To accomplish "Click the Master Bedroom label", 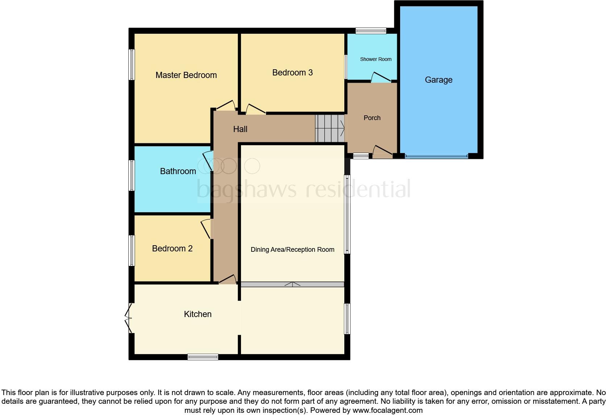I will click(x=186, y=75).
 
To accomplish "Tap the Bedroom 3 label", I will click(x=292, y=73).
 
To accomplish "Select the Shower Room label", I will click(x=375, y=59).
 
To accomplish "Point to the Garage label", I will click(x=439, y=80).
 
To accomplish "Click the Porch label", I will click(x=372, y=118).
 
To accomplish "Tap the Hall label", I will click(x=240, y=129).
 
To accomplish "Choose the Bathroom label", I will click(x=178, y=171).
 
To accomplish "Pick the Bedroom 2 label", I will click(x=172, y=248).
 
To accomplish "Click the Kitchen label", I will click(x=198, y=314).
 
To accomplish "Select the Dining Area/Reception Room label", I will click(x=292, y=250).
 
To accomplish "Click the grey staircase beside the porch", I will click(x=329, y=128).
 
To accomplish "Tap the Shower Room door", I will click(x=381, y=77).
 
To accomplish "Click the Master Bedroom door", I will click(x=226, y=106).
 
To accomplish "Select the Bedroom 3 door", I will click(x=256, y=110).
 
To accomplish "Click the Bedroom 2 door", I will click(x=206, y=229).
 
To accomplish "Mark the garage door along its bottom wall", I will click(x=436, y=156).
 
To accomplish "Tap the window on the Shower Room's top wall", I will click(x=371, y=31).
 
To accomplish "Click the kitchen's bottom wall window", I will click(x=203, y=357).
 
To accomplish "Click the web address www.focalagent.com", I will click(x=387, y=410).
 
